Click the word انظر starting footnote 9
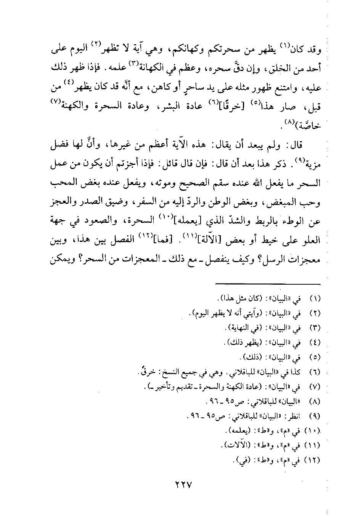(x=295, y=416)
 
